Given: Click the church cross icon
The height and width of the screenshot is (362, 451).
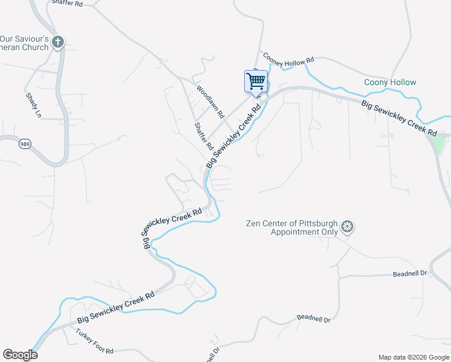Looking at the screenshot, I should (58, 42).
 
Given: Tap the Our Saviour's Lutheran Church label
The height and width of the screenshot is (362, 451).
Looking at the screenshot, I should (24, 42).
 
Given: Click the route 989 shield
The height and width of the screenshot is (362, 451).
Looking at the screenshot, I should (24, 144).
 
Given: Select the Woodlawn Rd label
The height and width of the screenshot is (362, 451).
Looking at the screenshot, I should (210, 101).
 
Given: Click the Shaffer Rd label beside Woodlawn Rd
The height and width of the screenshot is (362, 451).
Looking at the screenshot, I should (204, 136).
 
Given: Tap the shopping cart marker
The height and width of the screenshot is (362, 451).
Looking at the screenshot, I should (256, 81).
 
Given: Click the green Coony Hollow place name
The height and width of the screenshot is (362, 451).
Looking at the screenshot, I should (390, 83).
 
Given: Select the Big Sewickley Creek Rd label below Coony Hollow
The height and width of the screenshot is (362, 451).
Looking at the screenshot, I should (399, 118).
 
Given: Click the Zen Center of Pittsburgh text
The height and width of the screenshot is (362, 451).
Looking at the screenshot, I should (292, 223).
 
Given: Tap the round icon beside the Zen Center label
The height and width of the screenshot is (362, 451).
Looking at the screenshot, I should (347, 227).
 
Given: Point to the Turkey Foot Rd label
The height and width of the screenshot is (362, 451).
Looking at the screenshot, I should (95, 341).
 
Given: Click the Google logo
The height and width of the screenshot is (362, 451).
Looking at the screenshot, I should (20, 355).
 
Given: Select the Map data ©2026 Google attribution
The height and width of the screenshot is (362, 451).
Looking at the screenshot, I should (414, 357).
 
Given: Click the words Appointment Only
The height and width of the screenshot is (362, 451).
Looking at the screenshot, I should (304, 232).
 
